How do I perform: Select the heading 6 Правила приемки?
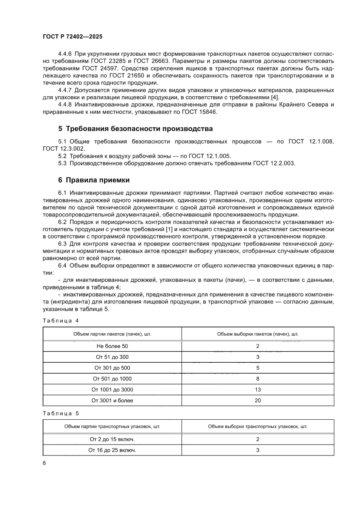tap(94, 180)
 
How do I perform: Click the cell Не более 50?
tap(112, 346)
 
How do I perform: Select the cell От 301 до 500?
tap(112, 368)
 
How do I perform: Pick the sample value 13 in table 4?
tap(258, 390)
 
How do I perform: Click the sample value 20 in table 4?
tap(258, 401)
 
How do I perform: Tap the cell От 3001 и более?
tap(112, 401)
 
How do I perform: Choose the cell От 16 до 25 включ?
tap(112, 450)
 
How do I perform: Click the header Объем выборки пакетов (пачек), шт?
tap(258, 334)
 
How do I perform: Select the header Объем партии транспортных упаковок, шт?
tap(112, 426)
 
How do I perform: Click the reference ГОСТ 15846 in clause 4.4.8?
tap(197, 112)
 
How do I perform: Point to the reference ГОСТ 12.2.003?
tap(274, 163)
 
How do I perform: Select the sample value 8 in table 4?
tap(258, 379)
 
